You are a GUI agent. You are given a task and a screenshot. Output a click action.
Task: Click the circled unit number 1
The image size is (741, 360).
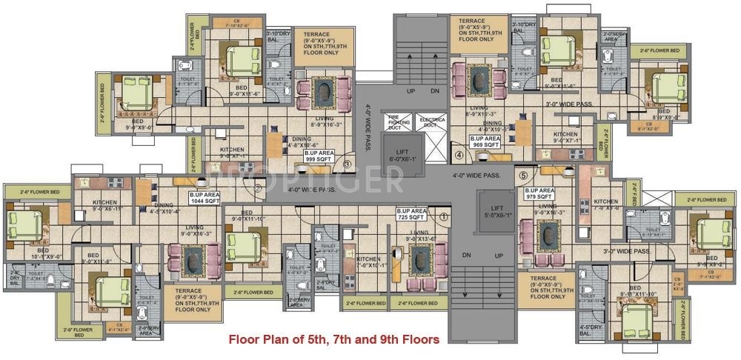point(443,217)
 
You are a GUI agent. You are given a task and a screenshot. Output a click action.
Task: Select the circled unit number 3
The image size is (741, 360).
point(346,164)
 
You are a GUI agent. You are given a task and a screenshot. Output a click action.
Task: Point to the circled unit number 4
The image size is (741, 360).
point(459,156)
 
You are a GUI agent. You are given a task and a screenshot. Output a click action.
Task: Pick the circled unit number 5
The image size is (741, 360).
point(523,176)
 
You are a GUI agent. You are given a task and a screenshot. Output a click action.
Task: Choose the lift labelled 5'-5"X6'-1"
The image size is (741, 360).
point(497,212)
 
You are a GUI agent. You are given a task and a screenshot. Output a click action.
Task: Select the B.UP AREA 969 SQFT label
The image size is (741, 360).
point(487,141)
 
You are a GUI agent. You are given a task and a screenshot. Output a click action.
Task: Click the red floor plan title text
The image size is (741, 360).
point(333,340)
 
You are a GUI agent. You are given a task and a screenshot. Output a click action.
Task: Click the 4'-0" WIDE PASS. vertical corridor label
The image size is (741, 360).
point(367,129)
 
